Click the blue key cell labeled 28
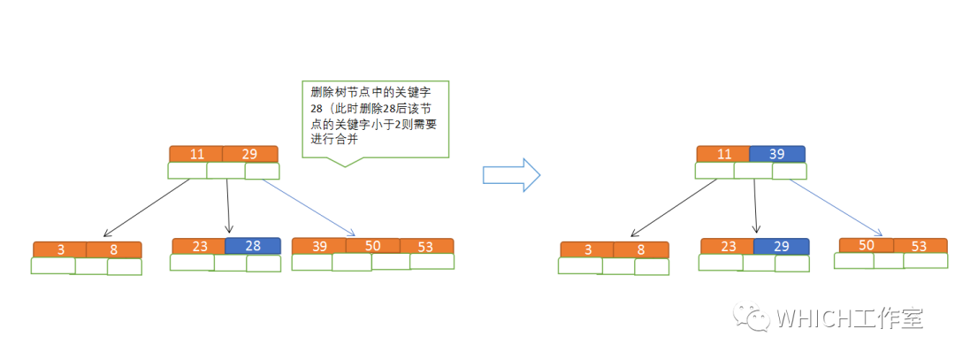pos(252,246)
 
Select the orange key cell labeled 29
pos(249,154)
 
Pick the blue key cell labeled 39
pos(777,154)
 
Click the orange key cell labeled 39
pos(318,246)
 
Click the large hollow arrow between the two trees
pos(510,174)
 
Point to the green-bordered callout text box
pos(375,119)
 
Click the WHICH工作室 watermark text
pos(849,319)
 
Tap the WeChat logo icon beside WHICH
pos(759,318)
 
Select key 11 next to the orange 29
pos(196,154)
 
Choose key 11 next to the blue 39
pos(723,154)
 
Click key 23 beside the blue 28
pos(199,246)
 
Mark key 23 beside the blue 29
pos(727,246)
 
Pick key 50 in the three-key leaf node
pos(372,246)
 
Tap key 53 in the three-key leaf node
pos(426,246)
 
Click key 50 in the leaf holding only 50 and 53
pos(866,246)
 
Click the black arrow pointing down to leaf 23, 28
pos(228,205)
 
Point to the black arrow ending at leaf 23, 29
pos(755,205)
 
